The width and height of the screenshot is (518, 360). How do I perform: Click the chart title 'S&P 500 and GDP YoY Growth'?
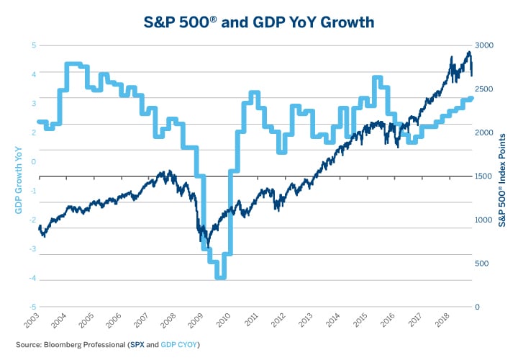pos(259,22)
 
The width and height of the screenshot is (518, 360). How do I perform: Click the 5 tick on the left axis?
pos(33,45)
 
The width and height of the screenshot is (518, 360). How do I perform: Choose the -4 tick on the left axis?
pos(32,279)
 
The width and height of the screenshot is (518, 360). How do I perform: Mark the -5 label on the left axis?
pos(32,307)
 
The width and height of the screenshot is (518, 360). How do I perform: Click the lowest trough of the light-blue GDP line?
pos(219,276)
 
